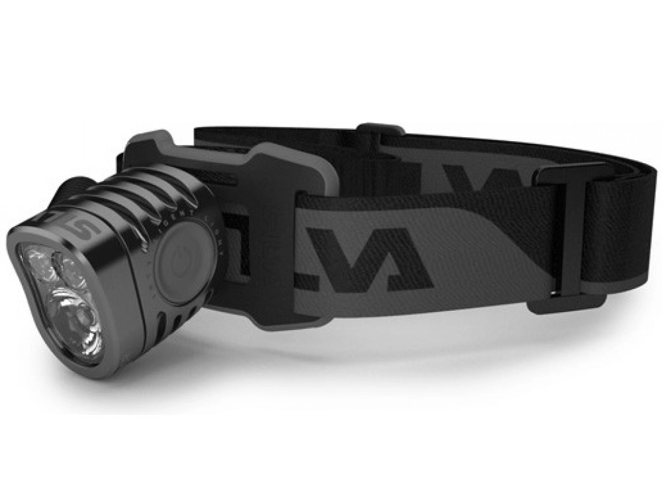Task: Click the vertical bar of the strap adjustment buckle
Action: click(x=555, y=239)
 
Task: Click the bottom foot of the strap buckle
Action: click(x=566, y=306)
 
